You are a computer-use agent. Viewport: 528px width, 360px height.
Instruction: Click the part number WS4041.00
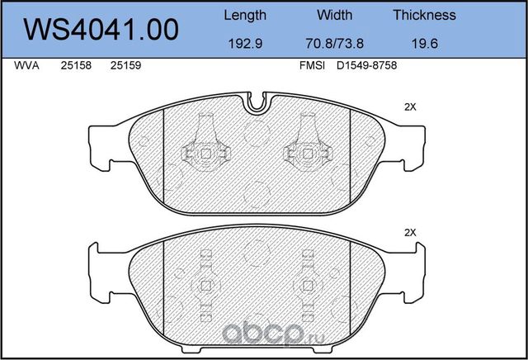click(x=101, y=30)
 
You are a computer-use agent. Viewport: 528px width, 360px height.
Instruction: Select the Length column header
click(x=245, y=16)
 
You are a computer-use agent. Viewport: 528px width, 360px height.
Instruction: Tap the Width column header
click(x=334, y=15)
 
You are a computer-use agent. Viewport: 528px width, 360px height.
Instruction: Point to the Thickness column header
click(x=424, y=15)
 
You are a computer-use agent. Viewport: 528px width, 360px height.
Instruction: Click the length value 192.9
click(x=245, y=44)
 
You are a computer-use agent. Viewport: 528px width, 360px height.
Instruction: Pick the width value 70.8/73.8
click(x=334, y=44)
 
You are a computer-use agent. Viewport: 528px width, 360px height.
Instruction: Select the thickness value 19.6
click(x=425, y=44)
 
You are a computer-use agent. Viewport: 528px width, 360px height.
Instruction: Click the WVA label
click(x=26, y=65)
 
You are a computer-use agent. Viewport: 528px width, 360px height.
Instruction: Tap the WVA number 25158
click(x=76, y=65)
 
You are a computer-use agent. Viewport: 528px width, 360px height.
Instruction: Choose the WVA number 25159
click(x=125, y=65)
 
